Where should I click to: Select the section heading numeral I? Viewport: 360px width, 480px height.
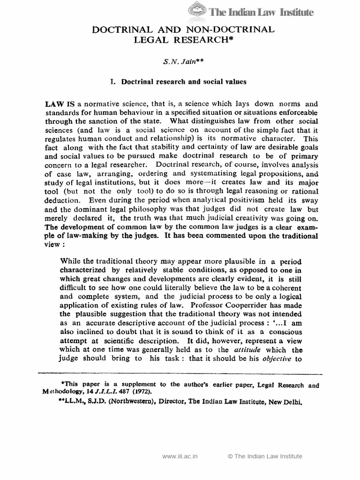(112, 81)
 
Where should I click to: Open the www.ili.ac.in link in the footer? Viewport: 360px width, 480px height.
(180, 456)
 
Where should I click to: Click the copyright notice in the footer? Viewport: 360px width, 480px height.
(265, 456)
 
